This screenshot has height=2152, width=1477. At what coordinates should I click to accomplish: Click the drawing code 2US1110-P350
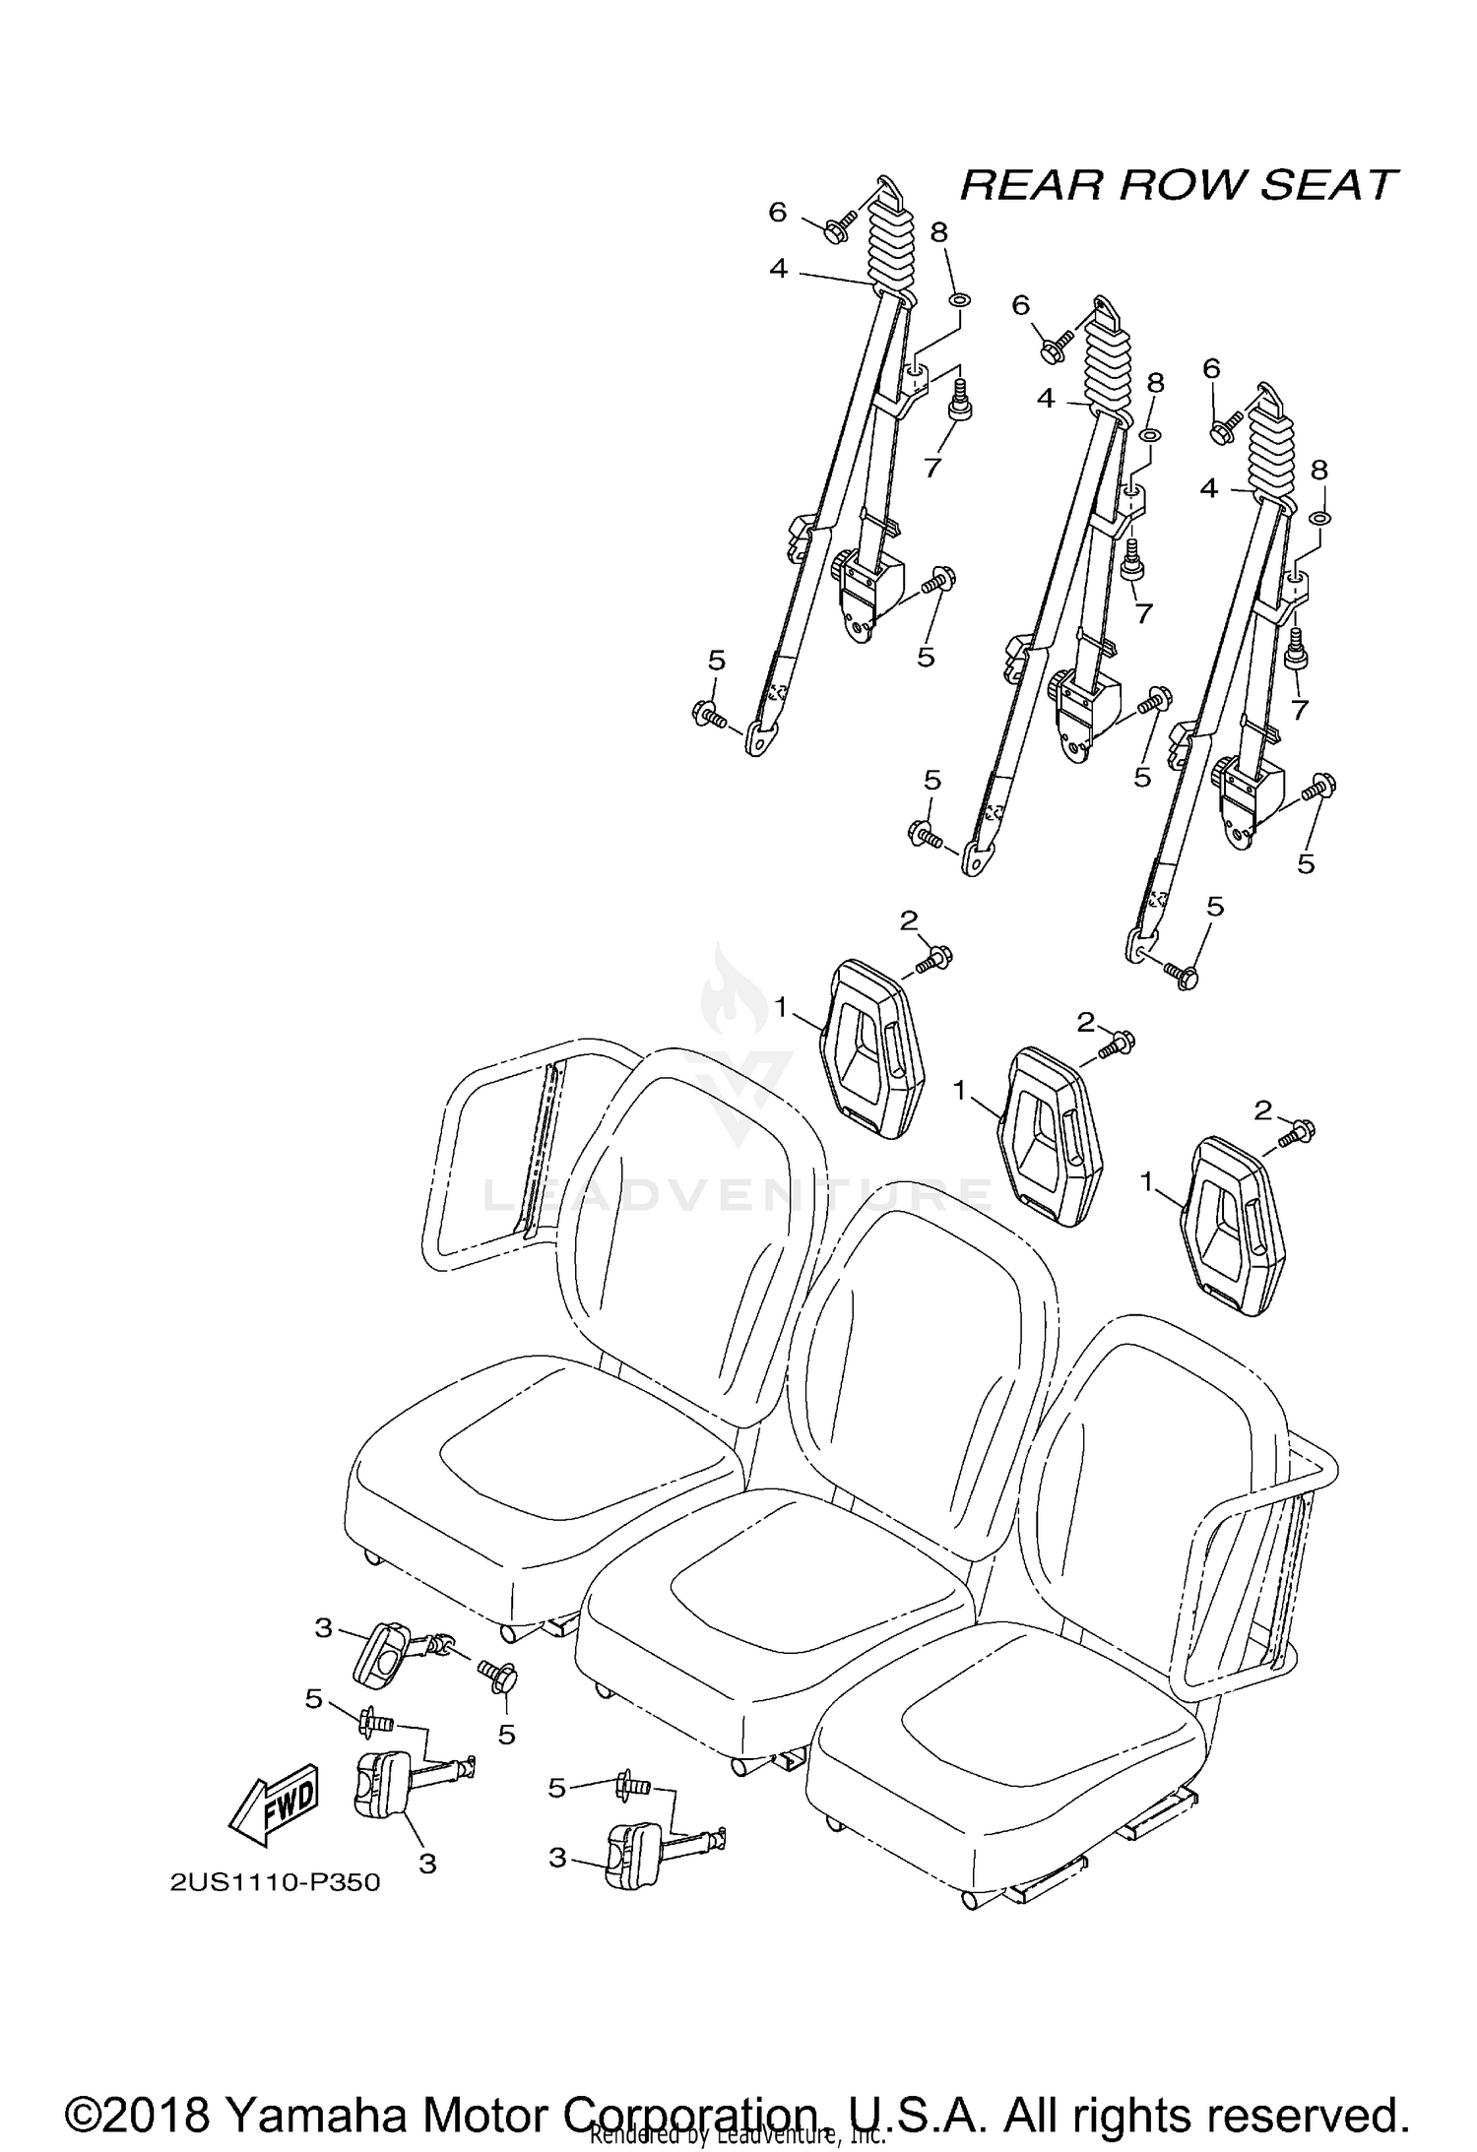click(x=275, y=1882)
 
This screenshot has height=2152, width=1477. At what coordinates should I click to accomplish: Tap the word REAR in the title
click(x=1028, y=185)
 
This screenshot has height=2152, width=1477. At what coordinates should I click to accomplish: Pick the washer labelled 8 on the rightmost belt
click(x=1320, y=519)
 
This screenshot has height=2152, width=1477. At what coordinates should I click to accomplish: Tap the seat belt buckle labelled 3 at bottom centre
click(x=630, y=1855)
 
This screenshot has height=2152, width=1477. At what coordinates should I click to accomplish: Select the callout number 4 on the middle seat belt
click(x=1046, y=399)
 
